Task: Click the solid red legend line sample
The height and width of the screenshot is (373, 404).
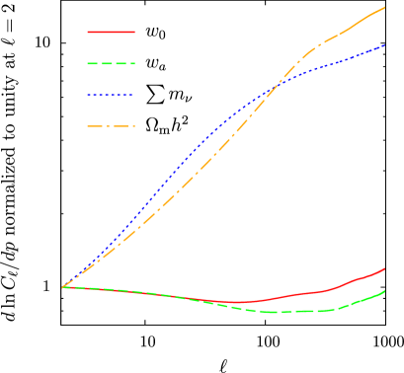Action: click(111, 32)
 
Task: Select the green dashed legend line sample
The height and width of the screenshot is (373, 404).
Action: click(111, 63)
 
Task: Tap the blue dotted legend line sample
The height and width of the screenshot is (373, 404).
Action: click(111, 95)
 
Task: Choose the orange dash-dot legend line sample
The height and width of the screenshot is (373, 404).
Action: click(111, 126)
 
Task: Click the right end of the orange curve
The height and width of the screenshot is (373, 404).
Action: click(385, 7)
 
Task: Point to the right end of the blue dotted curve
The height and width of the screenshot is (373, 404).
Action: click(385, 45)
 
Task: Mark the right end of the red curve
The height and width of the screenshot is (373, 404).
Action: click(385, 267)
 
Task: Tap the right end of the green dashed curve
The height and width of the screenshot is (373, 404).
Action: click(385, 291)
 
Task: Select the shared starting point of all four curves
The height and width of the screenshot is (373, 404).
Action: click(62, 287)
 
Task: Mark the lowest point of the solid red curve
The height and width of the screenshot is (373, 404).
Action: click(237, 302)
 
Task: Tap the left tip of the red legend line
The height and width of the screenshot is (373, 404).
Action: click(88, 32)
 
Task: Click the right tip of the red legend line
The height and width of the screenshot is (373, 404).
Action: click(134, 32)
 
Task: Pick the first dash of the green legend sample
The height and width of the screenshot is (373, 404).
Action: click(92, 63)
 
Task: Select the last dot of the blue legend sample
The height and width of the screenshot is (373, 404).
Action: click(132, 95)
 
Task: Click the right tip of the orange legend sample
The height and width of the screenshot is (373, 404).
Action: click(134, 126)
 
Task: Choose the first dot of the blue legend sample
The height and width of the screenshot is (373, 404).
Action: click(89, 95)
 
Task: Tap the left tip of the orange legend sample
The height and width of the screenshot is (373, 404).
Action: click(88, 126)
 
